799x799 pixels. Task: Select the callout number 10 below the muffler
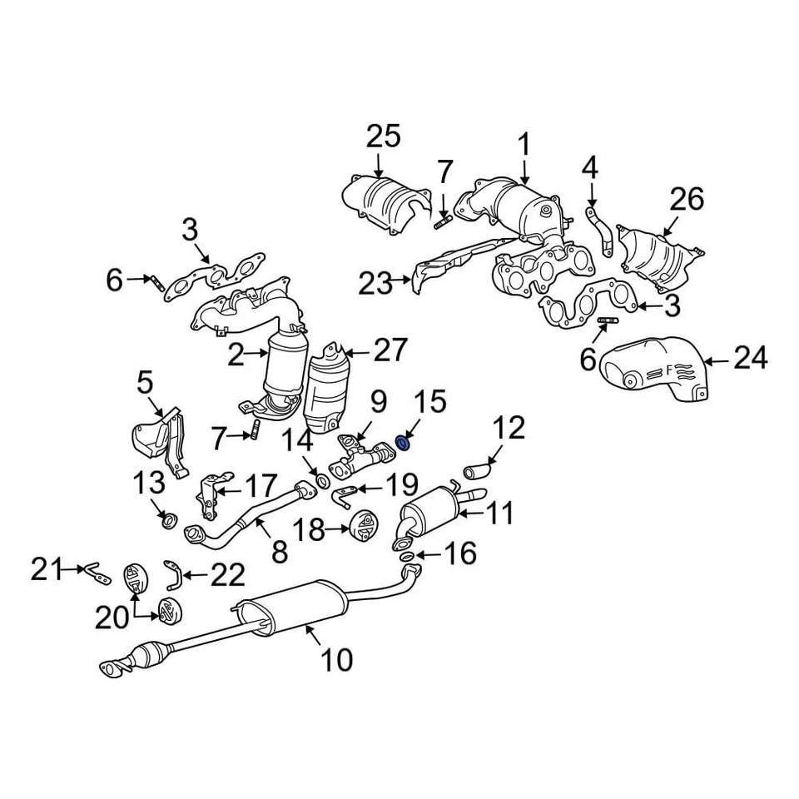click(x=336, y=660)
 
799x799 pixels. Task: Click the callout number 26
click(x=687, y=199)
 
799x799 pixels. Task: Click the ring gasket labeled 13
click(x=168, y=521)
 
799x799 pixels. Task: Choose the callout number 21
click(x=48, y=569)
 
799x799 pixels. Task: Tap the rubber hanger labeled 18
click(x=363, y=527)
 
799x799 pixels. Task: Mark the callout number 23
click(x=375, y=284)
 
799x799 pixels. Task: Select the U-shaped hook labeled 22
click(x=173, y=573)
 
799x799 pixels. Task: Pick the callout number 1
click(x=524, y=144)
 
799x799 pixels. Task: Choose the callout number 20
click(x=112, y=617)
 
